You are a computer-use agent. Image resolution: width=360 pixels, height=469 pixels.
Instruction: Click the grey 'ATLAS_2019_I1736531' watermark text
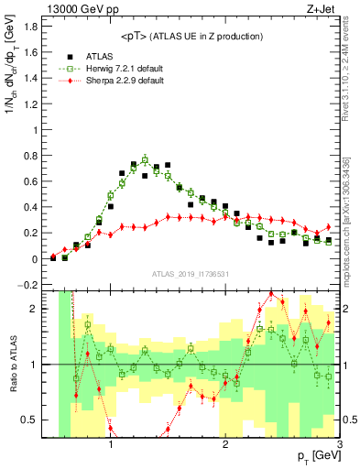coord(197,274)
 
